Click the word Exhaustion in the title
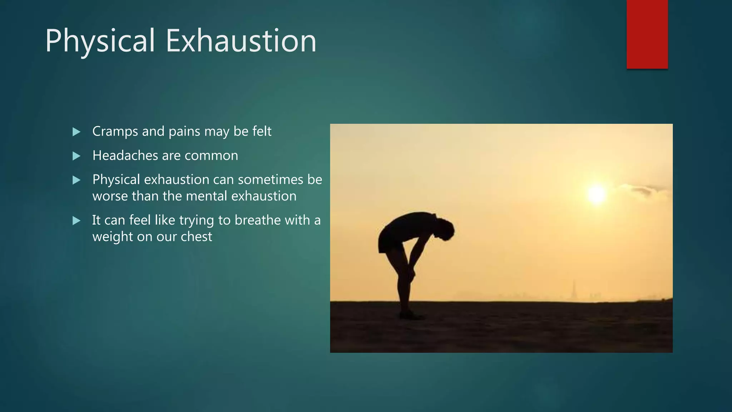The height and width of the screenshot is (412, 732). pyautogui.click(x=241, y=41)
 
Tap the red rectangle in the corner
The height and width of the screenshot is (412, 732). pyautogui.click(x=647, y=34)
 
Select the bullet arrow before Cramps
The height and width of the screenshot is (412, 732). pyautogui.click(x=76, y=132)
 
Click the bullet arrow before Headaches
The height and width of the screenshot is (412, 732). pyautogui.click(x=76, y=156)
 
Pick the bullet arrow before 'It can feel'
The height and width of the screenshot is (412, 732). pyautogui.click(x=76, y=221)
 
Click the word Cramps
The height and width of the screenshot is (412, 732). pyautogui.click(x=115, y=132)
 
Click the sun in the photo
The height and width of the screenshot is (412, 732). pyautogui.click(x=596, y=194)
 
